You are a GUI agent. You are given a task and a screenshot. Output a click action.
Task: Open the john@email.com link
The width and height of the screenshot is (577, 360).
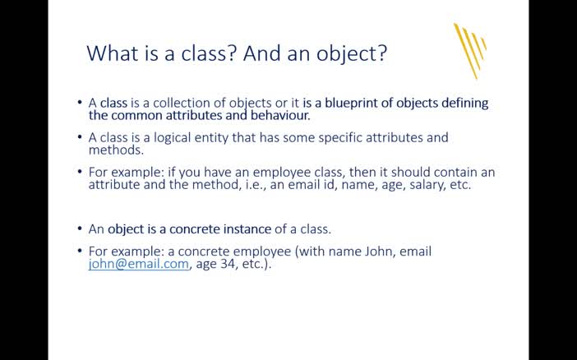coord(139,264)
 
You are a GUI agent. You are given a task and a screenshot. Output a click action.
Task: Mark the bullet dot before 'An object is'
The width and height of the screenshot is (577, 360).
coord(80,228)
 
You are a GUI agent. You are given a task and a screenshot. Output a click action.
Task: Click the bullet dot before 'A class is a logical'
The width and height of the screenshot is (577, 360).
coord(80,137)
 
